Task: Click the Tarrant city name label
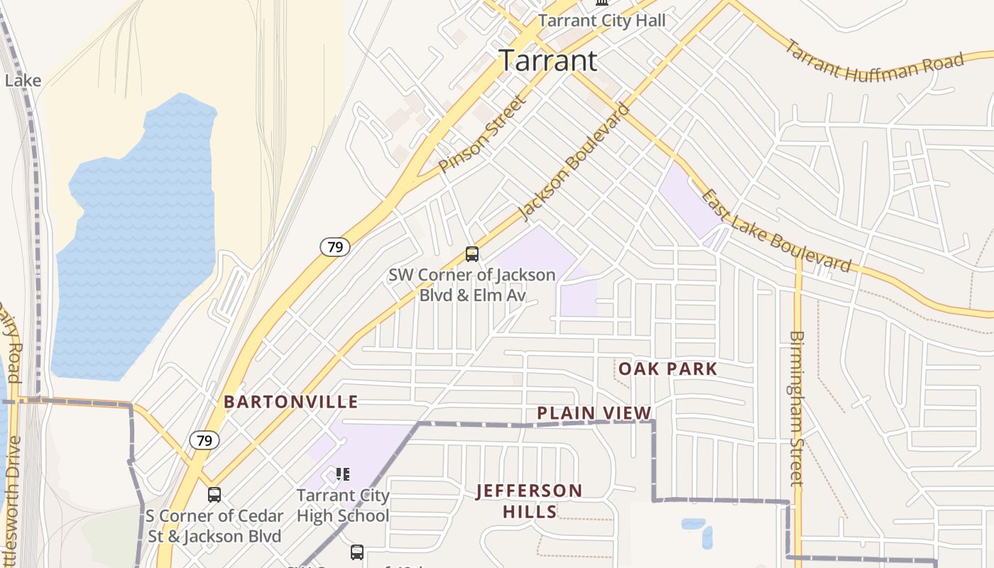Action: pos(547,60)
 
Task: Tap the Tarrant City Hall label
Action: pos(602,20)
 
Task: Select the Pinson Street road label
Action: pos(483,133)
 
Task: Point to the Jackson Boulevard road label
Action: pos(574,161)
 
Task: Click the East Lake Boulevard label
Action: pos(775,231)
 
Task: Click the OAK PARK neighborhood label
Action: pos(667,368)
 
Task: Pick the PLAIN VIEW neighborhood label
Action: pos(594,413)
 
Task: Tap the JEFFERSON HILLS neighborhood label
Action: pos(529,501)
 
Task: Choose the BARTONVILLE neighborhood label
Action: pos(291,402)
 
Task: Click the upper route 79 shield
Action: pos(334,247)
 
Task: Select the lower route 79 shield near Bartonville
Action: pos(204,440)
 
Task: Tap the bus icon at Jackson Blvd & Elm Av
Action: pos(471,253)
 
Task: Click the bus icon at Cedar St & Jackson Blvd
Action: pos(214,495)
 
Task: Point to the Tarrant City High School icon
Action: pos(343,474)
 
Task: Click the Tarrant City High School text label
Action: pos(343,506)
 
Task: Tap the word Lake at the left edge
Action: pos(23,80)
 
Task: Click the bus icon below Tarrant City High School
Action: pos(357,552)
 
